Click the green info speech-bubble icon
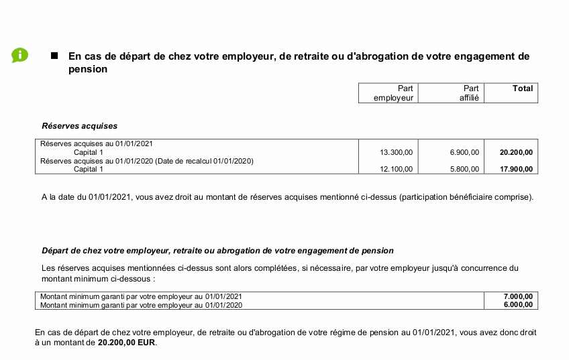click(19, 56)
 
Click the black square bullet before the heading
click(55, 56)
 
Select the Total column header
click(522, 88)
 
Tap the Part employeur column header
click(396, 93)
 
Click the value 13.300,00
click(396, 152)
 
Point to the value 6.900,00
click(464, 152)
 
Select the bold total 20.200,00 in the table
click(516, 152)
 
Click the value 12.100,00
click(396, 169)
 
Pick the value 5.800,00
click(464, 169)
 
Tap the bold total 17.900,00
click(516, 169)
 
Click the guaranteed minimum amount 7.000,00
click(518, 296)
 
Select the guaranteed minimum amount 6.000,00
click(518, 305)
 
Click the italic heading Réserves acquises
click(79, 125)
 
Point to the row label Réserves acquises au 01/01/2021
click(97, 143)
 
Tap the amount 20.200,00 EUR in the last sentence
click(126, 342)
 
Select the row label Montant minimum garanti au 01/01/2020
click(141, 305)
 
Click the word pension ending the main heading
click(88, 69)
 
